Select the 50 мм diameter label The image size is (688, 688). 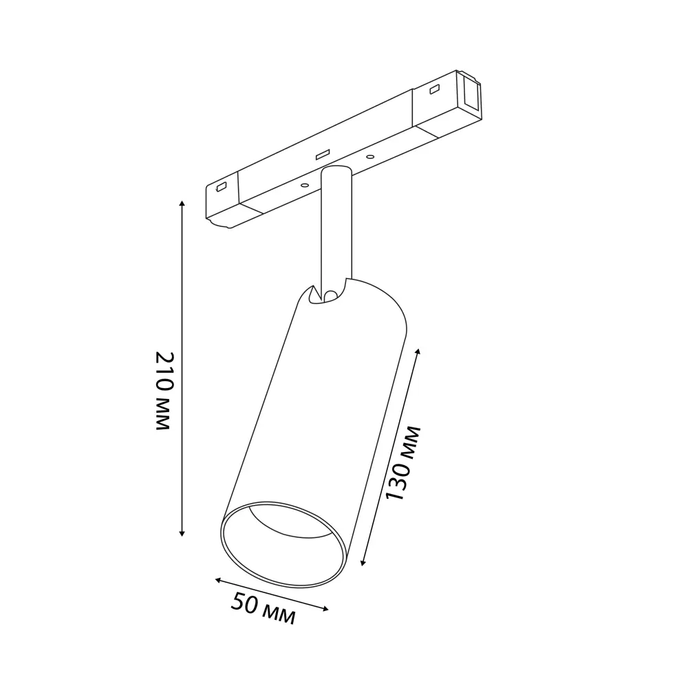coord(264,608)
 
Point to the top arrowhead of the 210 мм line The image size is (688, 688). coord(182,204)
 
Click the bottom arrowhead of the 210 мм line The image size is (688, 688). coord(182,533)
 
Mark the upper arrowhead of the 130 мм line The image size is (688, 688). coord(418,352)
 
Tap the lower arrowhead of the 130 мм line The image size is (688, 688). coord(363,562)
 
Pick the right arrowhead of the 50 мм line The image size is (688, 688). coord(325,609)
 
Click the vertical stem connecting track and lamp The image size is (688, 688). coord(336,228)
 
